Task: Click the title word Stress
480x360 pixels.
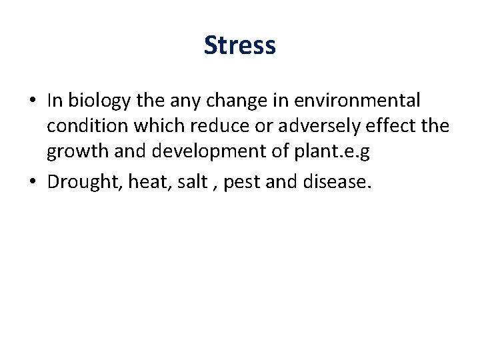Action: pyautogui.click(x=240, y=45)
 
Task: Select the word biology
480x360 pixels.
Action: pyautogui.click(x=99, y=101)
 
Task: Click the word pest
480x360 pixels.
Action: pyautogui.click(x=242, y=181)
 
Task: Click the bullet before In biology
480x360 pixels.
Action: pyautogui.click(x=32, y=101)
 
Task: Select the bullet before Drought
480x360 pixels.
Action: pyautogui.click(x=32, y=181)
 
